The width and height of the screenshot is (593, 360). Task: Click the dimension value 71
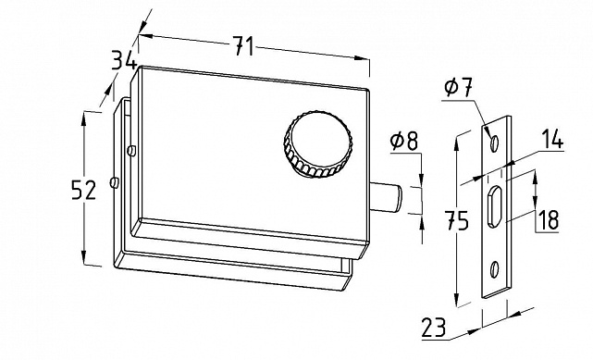click(x=243, y=46)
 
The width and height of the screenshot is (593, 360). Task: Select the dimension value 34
click(x=124, y=60)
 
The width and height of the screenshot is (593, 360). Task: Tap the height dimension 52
click(x=84, y=190)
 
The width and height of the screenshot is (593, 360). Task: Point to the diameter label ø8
click(x=404, y=141)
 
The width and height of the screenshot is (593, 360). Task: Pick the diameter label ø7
click(x=458, y=89)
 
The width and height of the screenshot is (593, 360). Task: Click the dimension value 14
click(x=551, y=139)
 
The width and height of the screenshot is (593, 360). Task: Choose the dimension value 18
click(x=548, y=219)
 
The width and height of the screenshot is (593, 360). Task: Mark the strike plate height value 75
click(x=456, y=220)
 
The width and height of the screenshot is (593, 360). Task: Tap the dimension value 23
click(x=434, y=327)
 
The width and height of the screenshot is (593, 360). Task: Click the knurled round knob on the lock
click(x=318, y=144)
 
